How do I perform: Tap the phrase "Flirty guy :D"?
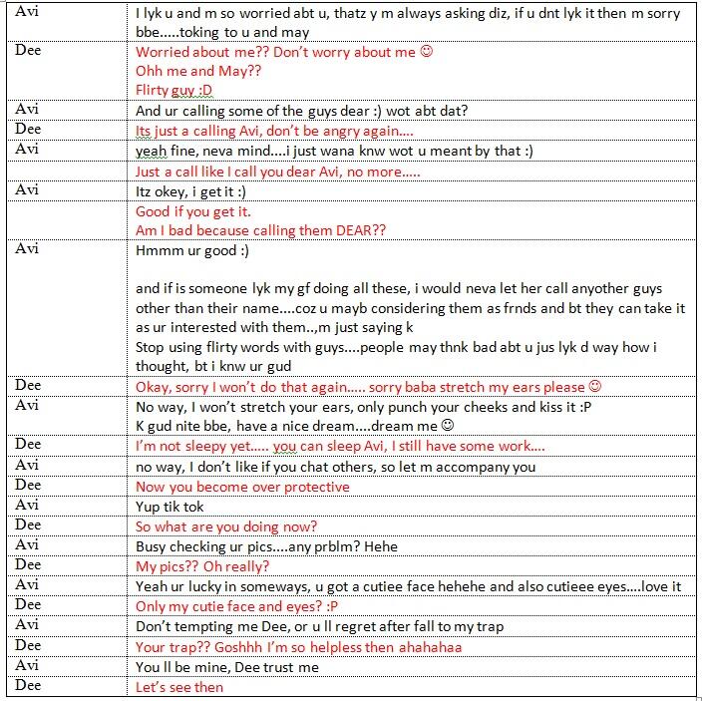pos(175,91)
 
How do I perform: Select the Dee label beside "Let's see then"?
pos(29,685)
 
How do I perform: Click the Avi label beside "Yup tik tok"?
pos(29,506)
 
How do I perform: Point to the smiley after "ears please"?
pos(595,387)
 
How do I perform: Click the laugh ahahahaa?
pos(427,646)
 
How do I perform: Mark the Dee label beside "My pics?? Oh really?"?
pos(29,565)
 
